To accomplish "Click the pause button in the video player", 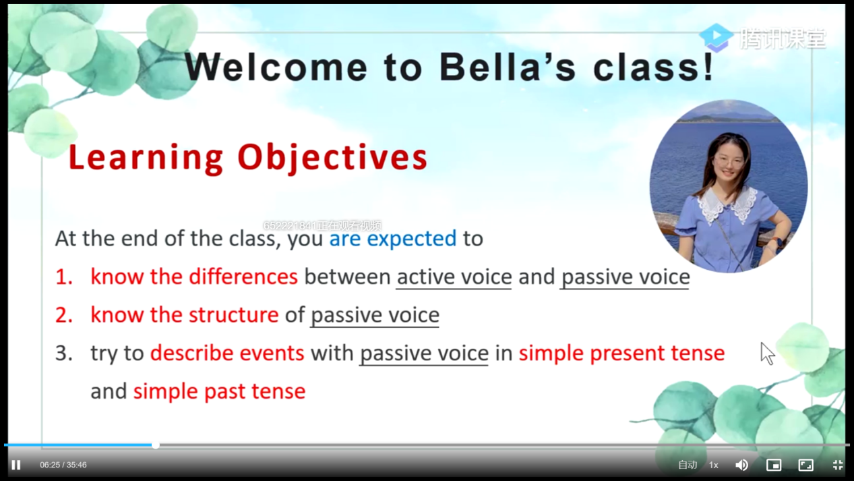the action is point(16,465).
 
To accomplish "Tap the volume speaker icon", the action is point(741,465).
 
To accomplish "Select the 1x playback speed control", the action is point(713,465).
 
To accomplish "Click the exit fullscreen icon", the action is point(838,465).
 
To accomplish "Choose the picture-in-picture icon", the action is point(774,465).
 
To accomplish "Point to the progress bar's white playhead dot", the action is point(155,445).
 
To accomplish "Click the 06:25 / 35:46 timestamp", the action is point(63,465).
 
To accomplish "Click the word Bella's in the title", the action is point(508,67).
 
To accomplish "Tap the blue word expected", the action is point(411,239).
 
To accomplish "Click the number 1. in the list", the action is point(64,277).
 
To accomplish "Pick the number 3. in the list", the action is point(64,353).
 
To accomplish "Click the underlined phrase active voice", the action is point(454,277).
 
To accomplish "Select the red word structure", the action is point(234,315).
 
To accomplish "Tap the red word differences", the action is point(243,277).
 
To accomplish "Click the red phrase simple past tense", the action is point(219,392).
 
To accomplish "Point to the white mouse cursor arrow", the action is point(766,353).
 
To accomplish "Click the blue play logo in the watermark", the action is point(716,37).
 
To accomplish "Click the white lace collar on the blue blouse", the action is point(728,205).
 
